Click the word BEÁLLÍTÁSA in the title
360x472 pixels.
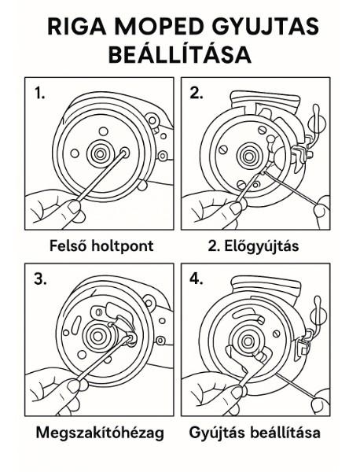pyautogui.click(x=179, y=54)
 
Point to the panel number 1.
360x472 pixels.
pyautogui.click(x=39, y=93)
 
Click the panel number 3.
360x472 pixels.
pyautogui.click(x=40, y=279)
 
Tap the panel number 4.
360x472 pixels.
pyautogui.click(x=196, y=279)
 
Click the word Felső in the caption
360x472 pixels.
pyautogui.click(x=68, y=245)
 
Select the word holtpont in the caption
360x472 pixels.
pyautogui.click(x=123, y=246)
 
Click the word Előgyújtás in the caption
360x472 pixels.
pyautogui.click(x=261, y=246)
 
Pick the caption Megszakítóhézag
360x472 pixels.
pyautogui.click(x=100, y=433)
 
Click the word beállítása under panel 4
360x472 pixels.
pyautogui.click(x=285, y=433)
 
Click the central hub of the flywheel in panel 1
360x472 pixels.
pyautogui.click(x=99, y=153)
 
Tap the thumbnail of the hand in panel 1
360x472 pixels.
pyautogui.click(x=74, y=207)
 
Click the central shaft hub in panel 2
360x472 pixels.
pyautogui.click(x=248, y=157)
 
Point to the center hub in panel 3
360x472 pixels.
pyautogui.click(x=97, y=335)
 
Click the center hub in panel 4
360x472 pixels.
pyautogui.click(x=248, y=341)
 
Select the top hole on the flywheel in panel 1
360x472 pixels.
pyautogui.click(x=104, y=131)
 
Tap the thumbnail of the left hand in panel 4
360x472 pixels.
pyautogui.click(x=237, y=393)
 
